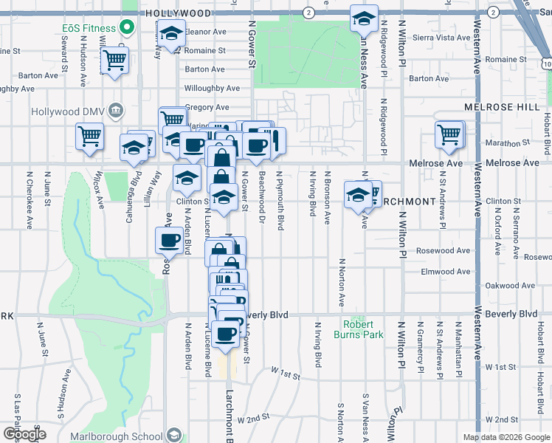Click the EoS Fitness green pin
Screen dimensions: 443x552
[x=126, y=28]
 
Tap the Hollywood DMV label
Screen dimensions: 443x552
[x=68, y=111]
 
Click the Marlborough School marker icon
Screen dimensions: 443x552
[x=174, y=434]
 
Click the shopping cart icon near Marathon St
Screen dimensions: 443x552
[x=449, y=134]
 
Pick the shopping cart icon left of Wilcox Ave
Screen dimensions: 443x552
[x=89, y=136]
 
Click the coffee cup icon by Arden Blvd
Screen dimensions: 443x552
[x=169, y=239]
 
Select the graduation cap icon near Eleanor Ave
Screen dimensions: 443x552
[x=171, y=35]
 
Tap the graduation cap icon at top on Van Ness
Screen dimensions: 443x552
[x=363, y=18]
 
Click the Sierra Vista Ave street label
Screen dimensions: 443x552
[x=441, y=38]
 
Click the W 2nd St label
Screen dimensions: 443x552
[x=252, y=419]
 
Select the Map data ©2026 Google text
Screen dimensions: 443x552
[x=506, y=437]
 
